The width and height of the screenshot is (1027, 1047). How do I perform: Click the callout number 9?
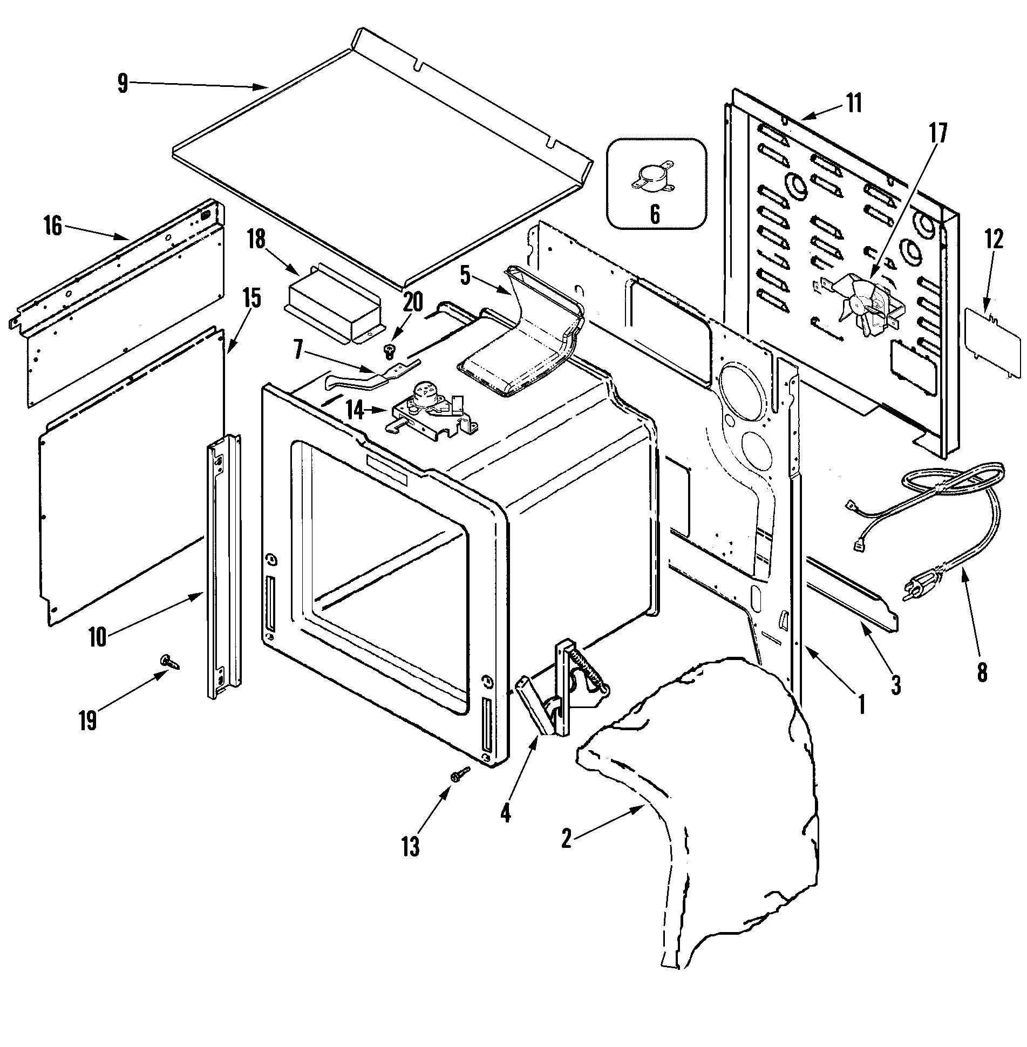(123, 84)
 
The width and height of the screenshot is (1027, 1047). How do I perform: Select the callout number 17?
(937, 133)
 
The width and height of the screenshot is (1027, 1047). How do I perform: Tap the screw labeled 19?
(168, 662)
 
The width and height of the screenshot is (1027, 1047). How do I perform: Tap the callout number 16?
(53, 226)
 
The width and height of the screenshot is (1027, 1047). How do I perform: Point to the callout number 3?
(896, 685)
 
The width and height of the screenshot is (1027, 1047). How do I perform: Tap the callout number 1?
(861, 704)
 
